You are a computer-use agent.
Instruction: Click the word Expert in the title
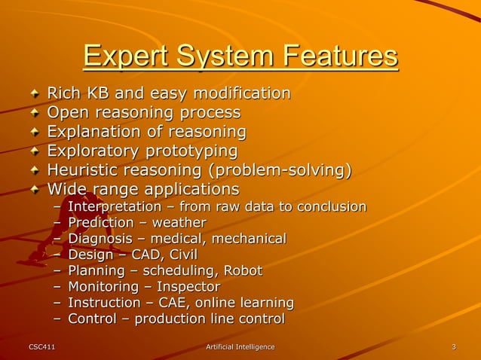(x=127, y=57)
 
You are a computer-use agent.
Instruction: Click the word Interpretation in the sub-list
(x=115, y=206)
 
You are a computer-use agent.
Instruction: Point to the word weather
(x=179, y=223)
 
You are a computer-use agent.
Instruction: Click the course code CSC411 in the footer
(x=41, y=346)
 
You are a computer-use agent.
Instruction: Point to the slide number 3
(x=453, y=346)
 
